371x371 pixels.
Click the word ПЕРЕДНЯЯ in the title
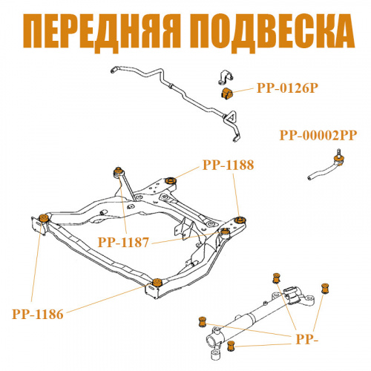(102, 33)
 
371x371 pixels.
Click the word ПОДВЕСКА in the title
(274, 33)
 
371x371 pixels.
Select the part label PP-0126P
(287, 88)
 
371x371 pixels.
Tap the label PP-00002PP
(318, 135)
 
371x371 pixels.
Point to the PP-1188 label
(229, 165)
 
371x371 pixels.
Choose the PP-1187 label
(123, 242)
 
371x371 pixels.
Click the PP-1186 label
(38, 315)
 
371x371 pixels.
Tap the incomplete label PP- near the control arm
(307, 340)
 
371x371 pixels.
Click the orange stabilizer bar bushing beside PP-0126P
(227, 93)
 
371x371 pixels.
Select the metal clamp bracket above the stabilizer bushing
(226, 77)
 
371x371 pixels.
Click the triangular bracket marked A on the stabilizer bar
(230, 118)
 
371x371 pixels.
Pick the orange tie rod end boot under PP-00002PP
(338, 159)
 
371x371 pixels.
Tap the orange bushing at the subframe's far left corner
(44, 218)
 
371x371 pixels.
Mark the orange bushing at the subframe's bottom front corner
(157, 282)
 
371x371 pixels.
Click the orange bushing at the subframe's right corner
(240, 220)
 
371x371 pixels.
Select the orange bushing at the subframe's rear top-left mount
(119, 171)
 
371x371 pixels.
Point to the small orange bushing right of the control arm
(325, 289)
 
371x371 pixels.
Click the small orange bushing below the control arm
(231, 346)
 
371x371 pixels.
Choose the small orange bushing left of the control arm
(203, 322)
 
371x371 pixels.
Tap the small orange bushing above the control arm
(276, 278)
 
